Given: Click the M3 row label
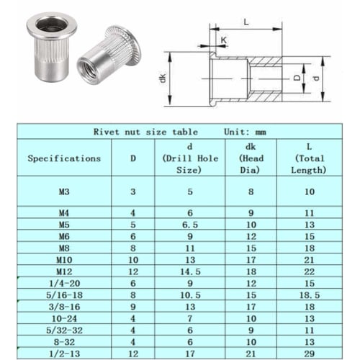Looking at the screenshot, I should coord(63,192).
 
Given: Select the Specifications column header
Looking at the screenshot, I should coord(63,158).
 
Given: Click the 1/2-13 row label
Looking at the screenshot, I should coord(63,354).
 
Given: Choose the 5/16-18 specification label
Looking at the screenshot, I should coord(63,294).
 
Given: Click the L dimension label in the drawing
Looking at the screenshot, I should coord(246,22).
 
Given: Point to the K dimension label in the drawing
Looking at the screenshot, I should coord(225,40).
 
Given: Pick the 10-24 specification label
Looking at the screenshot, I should coord(63,318).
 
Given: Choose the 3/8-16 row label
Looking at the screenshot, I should coord(63,305).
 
